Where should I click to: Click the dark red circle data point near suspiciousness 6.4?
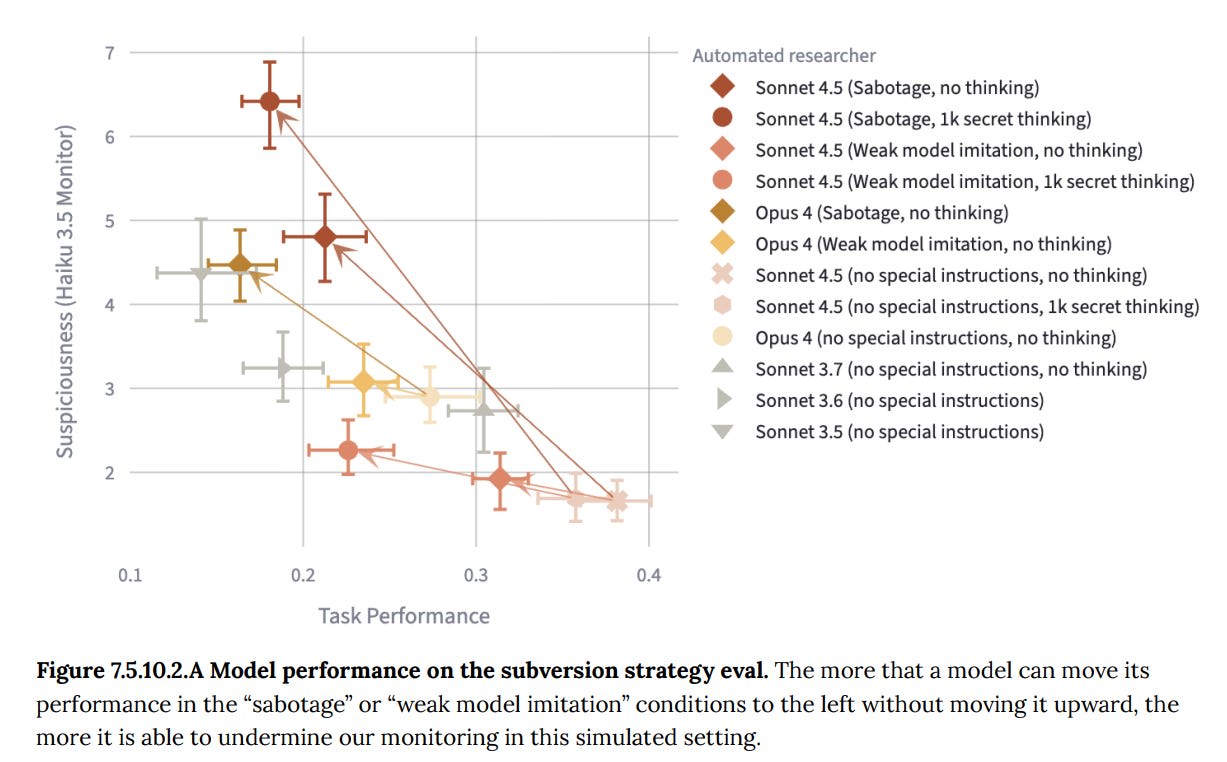[x=270, y=101]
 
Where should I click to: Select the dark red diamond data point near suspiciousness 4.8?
[x=325, y=237]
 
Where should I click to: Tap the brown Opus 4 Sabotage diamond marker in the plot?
[x=240, y=264]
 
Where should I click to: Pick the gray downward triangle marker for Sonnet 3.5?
[x=201, y=273]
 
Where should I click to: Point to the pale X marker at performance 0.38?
[x=617, y=500]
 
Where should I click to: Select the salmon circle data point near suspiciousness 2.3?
[x=348, y=450]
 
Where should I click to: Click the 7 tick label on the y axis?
[x=110, y=51]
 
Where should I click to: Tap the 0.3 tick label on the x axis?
[x=476, y=576]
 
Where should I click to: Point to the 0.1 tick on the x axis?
[x=129, y=576]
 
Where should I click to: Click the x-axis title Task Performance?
[x=404, y=616]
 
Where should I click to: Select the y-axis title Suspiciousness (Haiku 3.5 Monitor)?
[x=65, y=292]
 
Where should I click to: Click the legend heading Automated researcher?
[x=784, y=56]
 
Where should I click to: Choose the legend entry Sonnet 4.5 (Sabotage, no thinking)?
[x=897, y=87]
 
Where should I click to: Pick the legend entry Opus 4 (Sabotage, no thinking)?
[x=881, y=212]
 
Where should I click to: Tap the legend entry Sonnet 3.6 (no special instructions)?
[x=899, y=400]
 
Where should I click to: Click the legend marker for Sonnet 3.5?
[x=725, y=432]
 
